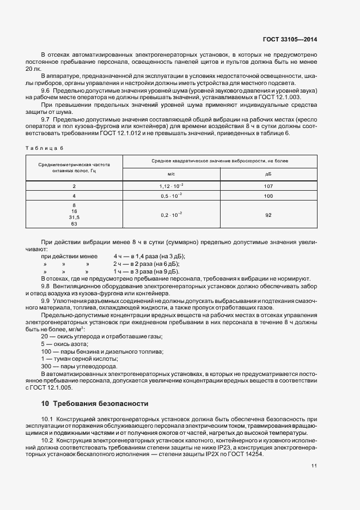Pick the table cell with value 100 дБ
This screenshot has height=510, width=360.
(268, 195)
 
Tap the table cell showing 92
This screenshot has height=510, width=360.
(268, 215)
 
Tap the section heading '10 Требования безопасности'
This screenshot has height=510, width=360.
(94, 404)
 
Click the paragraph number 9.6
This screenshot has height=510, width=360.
(46, 90)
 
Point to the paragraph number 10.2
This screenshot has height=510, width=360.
(47, 440)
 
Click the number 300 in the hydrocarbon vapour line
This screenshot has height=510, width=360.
(45, 366)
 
